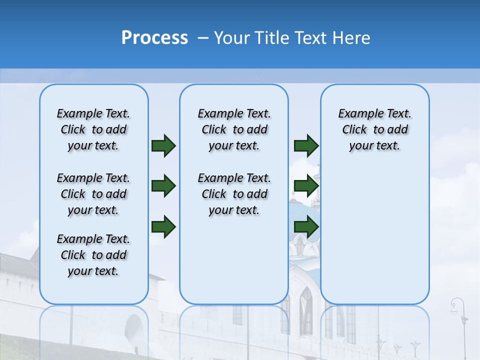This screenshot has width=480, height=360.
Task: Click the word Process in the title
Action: point(154,38)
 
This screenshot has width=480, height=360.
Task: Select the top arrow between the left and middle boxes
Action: point(163,146)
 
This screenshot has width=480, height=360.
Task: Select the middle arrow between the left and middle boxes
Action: point(163,186)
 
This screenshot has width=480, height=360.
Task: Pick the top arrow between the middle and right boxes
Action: point(306,146)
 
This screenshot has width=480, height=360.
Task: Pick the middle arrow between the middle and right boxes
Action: point(306,186)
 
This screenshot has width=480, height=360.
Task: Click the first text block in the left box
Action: point(93,129)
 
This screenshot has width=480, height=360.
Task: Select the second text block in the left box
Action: point(93,194)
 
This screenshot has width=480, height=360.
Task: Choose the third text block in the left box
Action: point(93,255)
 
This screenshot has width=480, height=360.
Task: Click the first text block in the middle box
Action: point(234,129)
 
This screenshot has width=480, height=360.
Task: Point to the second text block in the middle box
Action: point(234,194)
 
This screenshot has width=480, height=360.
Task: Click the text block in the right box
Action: point(374,129)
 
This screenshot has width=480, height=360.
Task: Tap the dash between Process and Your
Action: point(203,38)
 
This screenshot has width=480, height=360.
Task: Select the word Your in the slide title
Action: point(232,38)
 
